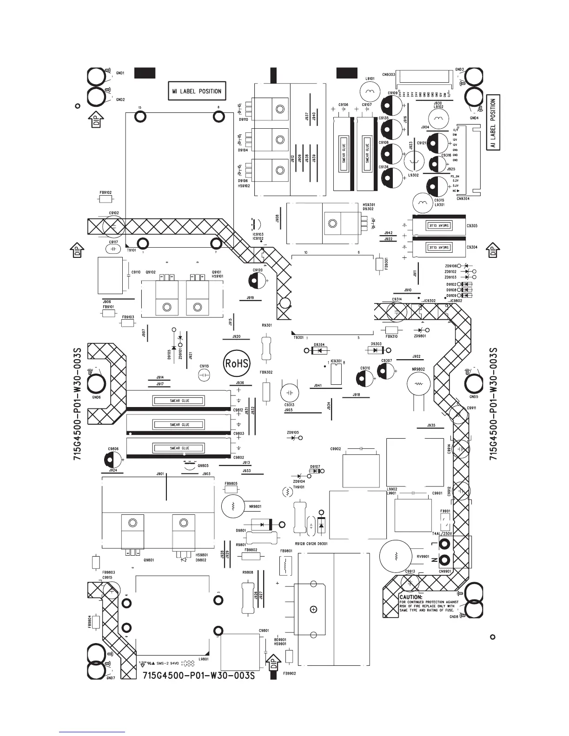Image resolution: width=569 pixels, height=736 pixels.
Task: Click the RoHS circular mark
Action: point(237,363)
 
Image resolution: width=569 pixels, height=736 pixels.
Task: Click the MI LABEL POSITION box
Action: point(197,91)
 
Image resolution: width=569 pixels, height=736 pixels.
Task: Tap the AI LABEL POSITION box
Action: point(493,122)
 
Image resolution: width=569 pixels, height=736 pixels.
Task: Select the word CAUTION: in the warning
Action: point(411,597)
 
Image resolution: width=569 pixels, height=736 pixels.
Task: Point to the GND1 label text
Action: point(120,73)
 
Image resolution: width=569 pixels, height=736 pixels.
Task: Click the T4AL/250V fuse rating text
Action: point(442,533)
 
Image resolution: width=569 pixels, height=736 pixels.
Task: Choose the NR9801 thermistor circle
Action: point(233,506)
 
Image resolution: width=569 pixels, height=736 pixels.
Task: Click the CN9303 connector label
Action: point(389,74)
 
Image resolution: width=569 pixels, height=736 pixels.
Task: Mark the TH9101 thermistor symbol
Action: point(287,492)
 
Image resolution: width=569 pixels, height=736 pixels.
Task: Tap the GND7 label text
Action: point(110,678)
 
